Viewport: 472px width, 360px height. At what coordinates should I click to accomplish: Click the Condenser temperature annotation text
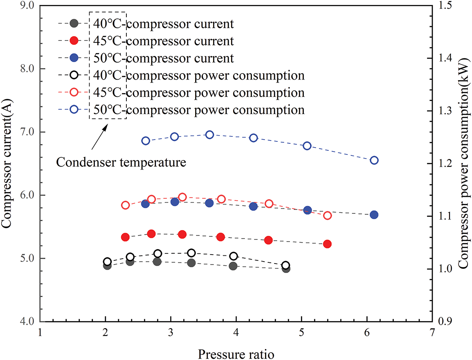[x=121, y=162]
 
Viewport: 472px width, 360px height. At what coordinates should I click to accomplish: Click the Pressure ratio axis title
[x=236, y=352]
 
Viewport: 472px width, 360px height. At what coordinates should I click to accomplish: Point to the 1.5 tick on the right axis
[x=448, y=6]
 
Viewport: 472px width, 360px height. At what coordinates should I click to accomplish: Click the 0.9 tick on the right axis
[x=448, y=322]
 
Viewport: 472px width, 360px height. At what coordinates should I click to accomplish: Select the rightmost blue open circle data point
[x=374, y=160]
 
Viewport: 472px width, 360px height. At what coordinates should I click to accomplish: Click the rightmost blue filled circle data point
[x=374, y=215]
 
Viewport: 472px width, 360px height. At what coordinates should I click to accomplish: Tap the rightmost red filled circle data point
[x=327, y=244]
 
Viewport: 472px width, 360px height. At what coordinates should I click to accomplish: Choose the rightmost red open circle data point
[x=327, y=215]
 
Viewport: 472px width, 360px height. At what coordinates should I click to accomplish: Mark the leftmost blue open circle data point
[x=146, y=141]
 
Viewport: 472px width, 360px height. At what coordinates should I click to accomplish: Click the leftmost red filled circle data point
[x=126, y=237]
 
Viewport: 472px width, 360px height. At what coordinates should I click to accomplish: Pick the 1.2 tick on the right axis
[x=448, y=164]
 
